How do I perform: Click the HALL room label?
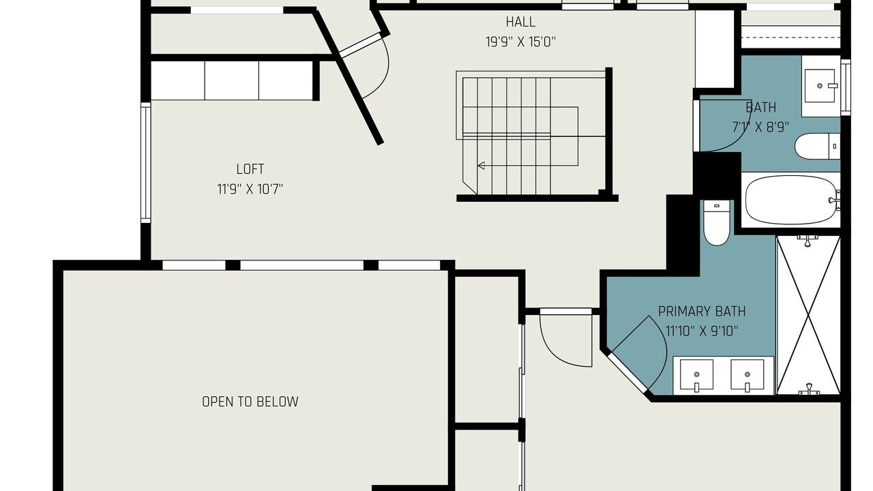coord(520,22)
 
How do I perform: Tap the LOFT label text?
coord(250,169)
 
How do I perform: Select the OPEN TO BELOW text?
coord(250,402)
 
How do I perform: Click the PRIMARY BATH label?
coord(702,312)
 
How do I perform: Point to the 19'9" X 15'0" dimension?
coord(520,42)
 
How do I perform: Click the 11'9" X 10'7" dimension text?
coord(250,190)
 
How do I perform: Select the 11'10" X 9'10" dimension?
coord(702,331)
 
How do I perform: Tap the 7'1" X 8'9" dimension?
coord(760,127)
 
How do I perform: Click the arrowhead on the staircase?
coord(482,166)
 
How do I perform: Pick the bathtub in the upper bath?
coord(791,200)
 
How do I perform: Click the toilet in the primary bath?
coord(716,223)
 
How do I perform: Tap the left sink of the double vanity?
coord(696,375)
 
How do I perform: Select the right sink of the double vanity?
coord(747,375)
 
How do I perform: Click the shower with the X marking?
coord(808,315)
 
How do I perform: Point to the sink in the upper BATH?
coord(820,86)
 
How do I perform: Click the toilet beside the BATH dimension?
coord(818,147)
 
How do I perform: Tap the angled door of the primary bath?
coord(627,372)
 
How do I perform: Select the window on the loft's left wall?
coord(146,162)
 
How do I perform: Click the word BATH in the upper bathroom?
coord(760,108)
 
